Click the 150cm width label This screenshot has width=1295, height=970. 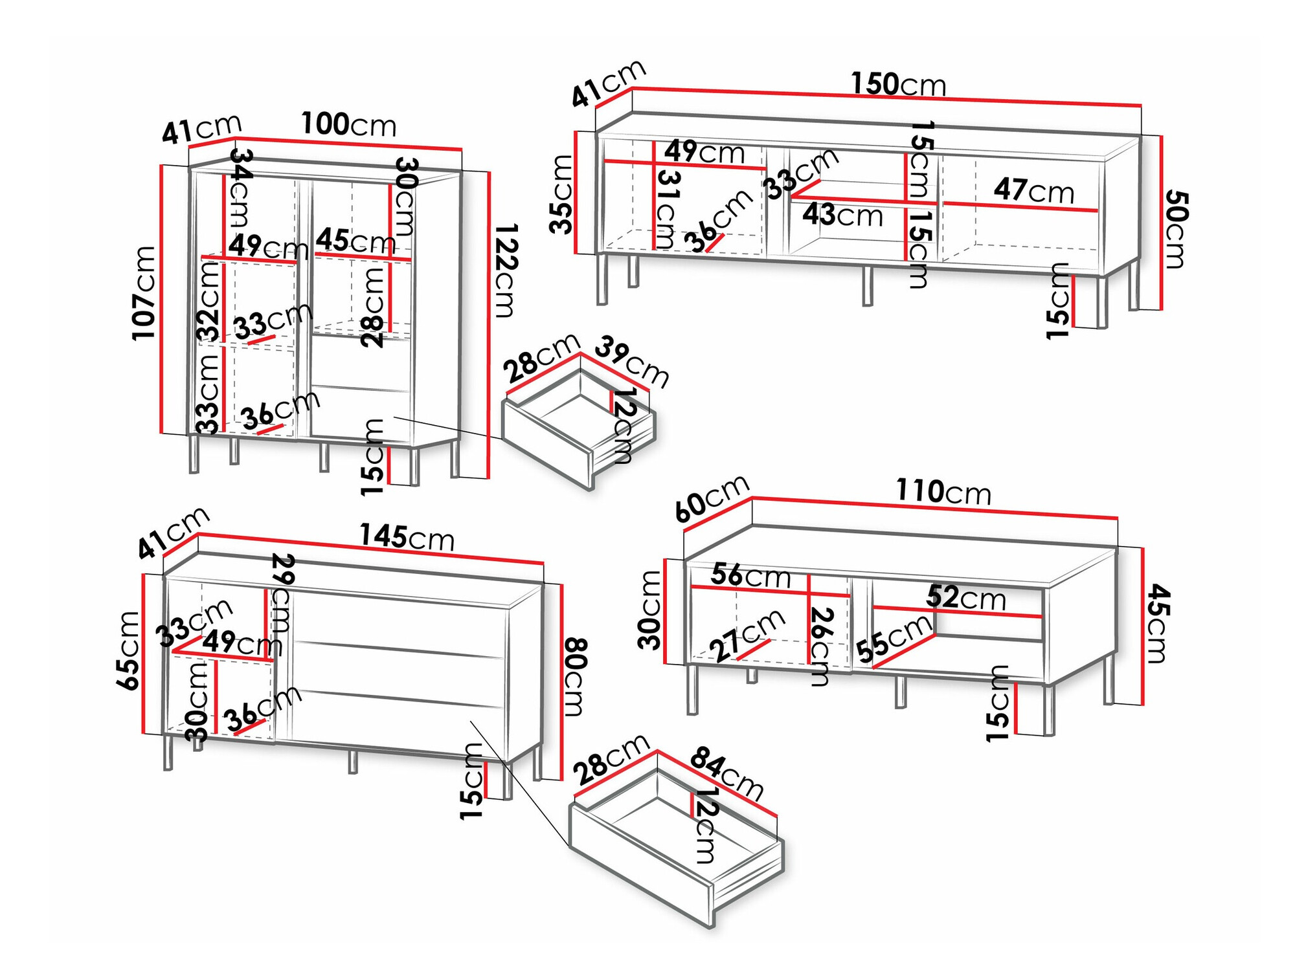(897, 85)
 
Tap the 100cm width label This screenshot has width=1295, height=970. (348, 124)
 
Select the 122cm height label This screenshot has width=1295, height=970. (506, 270)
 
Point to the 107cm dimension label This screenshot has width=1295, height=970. (144, 292)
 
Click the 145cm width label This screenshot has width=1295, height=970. (407, 537)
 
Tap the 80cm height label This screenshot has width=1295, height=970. (575, 677)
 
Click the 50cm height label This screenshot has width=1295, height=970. (1175, 229)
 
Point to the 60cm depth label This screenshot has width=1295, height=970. (712, 498)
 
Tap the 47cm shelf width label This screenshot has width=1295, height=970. (1033, 190)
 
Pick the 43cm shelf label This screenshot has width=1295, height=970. (842, 215)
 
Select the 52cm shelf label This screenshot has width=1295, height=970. (965, 597)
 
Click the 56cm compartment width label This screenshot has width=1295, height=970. (750, 575)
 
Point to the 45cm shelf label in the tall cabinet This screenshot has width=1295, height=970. (355, 241)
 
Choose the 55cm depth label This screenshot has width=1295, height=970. (894, 639)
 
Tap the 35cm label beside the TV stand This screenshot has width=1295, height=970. (561, 194)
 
